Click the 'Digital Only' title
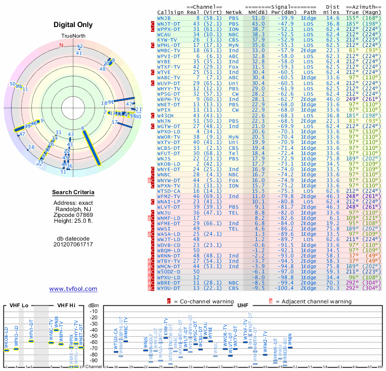[73, 25]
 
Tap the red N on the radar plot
[61, 45]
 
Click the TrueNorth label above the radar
[73, 37]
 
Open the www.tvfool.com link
[73, 289]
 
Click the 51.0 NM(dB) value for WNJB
[257, 18]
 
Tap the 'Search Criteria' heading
[73, 193]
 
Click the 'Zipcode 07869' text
[73, 214]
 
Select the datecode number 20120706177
[73, 244]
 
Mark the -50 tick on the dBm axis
[93, 336]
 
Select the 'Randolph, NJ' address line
[73, 208]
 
